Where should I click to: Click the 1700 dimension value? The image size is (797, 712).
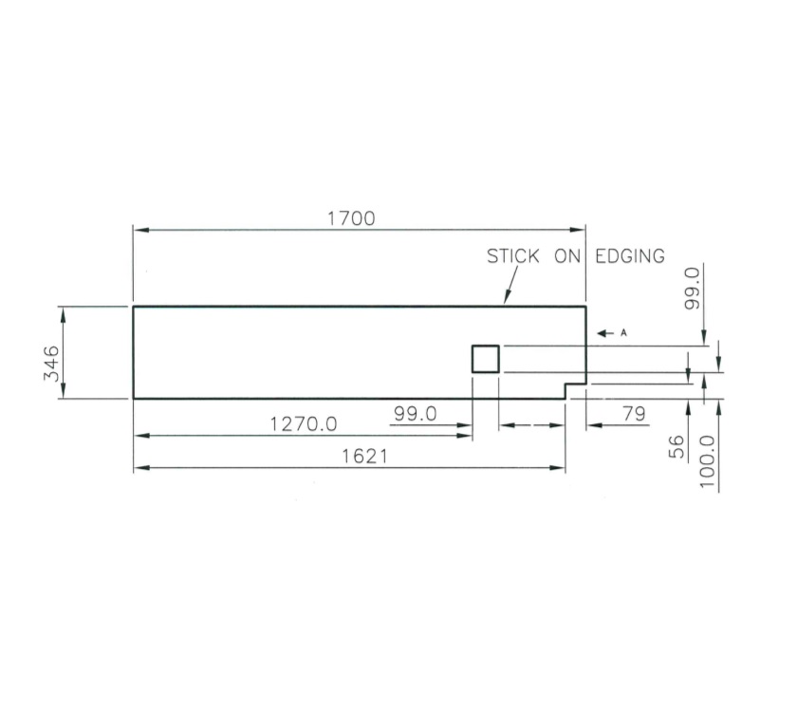click(x=351, y=218)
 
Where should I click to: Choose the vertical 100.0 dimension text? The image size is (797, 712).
click(x=707, y=461)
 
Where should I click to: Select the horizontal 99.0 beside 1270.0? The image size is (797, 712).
click(x=415, y=414)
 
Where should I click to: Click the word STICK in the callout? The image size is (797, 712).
click(x=513, y=256)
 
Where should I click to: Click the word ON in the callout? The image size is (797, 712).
click(x=567, y=256)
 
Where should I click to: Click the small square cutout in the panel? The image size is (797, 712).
click(x=486, y=359)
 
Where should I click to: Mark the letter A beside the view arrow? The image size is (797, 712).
click(x=623, y=333)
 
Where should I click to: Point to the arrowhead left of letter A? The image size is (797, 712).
click(x=602, y=333)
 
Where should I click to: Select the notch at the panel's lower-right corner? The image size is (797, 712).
click(x=575, y=391)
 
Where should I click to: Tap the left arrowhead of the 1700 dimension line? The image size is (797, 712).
click(x=139, y=230)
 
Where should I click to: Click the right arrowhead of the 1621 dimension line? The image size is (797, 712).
click(x=560, y=468)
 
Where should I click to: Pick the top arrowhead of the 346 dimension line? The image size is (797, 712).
click(x=63, y=312)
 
